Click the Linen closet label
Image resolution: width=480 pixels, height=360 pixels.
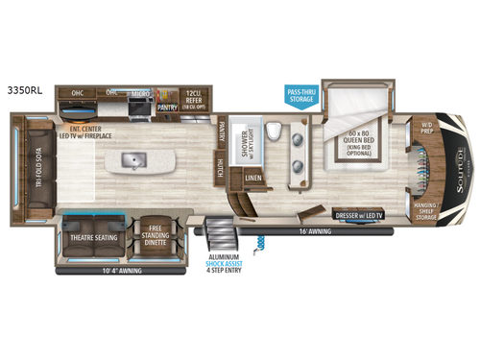(x=253, y=179)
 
